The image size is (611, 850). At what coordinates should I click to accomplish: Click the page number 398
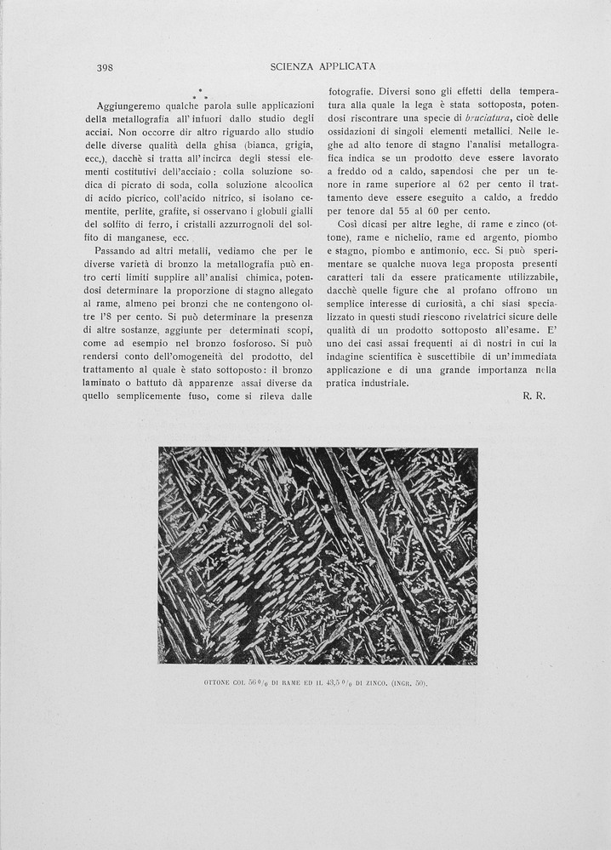point(106,66)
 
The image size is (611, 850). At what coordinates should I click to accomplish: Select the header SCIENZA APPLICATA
point(323,66)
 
